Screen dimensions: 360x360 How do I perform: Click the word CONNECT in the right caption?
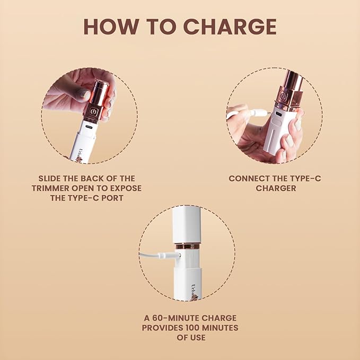click(249, 178)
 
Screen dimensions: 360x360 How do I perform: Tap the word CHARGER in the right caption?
click(275, 188)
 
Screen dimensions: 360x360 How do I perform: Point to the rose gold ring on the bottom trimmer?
click(188, 246)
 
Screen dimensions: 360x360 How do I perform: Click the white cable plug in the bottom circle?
click(171, 255)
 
